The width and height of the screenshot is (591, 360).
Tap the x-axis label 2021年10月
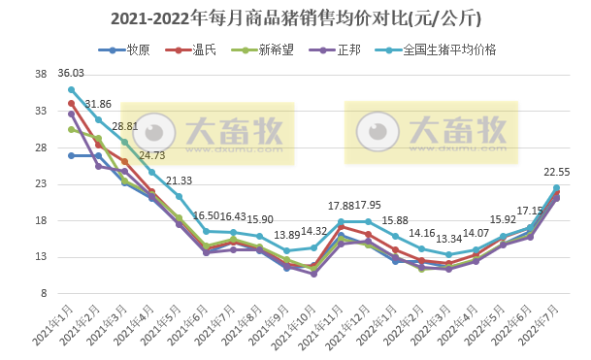coord(293,324)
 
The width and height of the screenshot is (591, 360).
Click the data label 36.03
coord(71,73)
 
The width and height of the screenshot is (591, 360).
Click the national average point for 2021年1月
coord(71,89)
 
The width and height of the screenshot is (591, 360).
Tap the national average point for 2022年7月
coord(556,187)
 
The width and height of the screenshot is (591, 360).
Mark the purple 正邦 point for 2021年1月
coord(71,114)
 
